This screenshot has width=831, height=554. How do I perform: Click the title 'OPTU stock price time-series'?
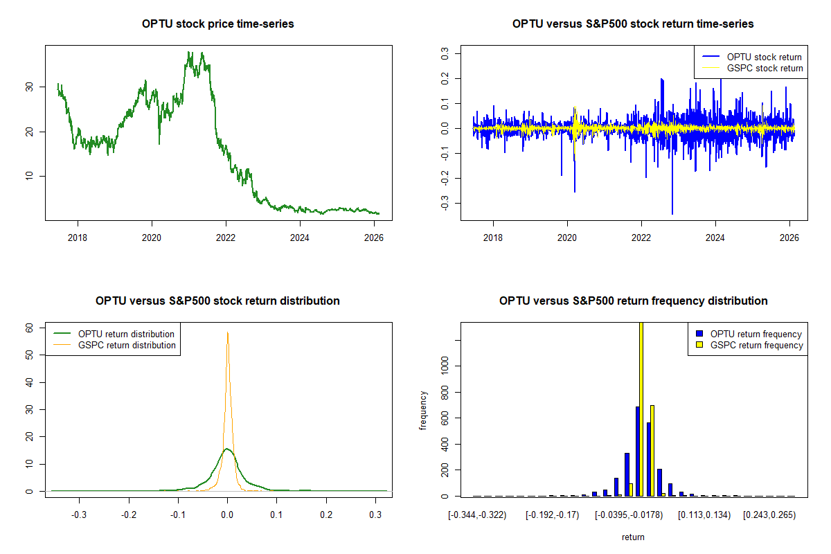[x=218, y=24]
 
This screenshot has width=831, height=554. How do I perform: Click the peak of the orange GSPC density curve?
[x=227, y=332]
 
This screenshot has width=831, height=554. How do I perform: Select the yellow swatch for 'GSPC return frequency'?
[x=699, y=345]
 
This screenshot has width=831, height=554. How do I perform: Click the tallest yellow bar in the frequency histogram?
[x=641, y=409]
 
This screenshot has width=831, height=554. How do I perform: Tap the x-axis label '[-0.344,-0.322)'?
[x=478, y=516]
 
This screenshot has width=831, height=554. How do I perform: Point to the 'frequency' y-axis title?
[x=423, y=410]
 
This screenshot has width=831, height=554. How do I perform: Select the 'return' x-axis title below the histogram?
[x=633, y=537]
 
